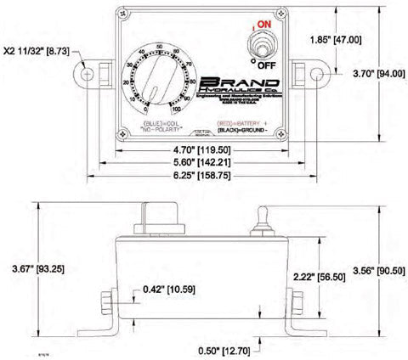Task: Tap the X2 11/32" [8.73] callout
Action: (x=37, y=52)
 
